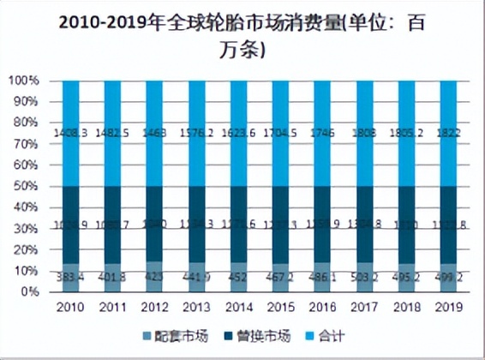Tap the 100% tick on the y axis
pyautogui.click(x=23, y=81)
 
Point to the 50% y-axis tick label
pyautogui.click(x=26, y=186)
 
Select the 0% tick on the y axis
pyautogui.click(x=29, y=291)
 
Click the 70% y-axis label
pyautogui.click(x=26, y=144)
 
